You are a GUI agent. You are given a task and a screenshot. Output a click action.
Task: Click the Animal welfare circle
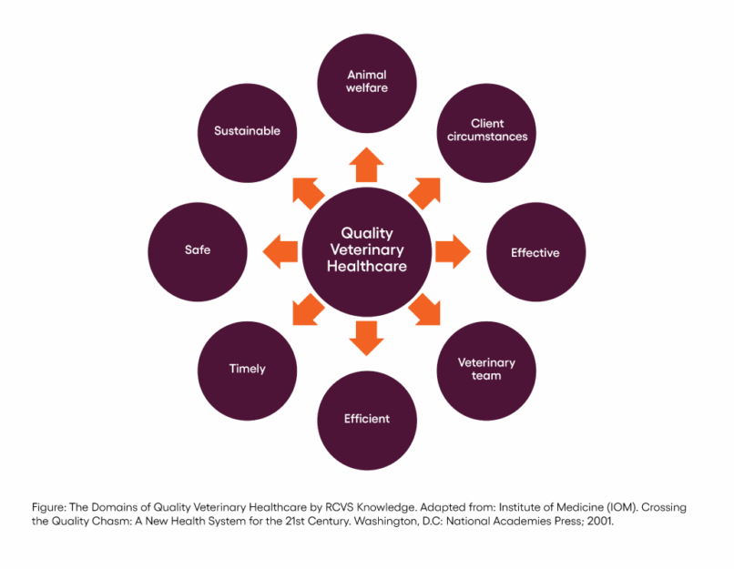[367, 82]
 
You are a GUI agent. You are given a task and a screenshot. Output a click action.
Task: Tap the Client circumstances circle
[487, 130]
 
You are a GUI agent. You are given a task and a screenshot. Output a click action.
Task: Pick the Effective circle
[535, 252]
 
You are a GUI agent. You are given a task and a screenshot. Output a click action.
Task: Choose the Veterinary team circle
[486, 368]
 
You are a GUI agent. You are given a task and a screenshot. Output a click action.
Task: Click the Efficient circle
[367, 419]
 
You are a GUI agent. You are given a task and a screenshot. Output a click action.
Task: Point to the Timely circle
[247, 369]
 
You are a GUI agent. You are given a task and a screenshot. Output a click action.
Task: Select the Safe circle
[198, 249]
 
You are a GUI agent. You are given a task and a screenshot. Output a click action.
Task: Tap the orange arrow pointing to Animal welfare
[367, 165]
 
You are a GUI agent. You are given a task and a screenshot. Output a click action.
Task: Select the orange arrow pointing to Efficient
[367, 336]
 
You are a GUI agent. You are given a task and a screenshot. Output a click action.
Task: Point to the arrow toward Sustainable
[307, 189]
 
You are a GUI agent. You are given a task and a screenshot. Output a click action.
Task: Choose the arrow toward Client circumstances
[426, 190]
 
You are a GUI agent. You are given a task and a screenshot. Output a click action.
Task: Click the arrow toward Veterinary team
[426, 310]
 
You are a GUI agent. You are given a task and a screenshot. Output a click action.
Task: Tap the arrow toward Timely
[308, 310]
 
